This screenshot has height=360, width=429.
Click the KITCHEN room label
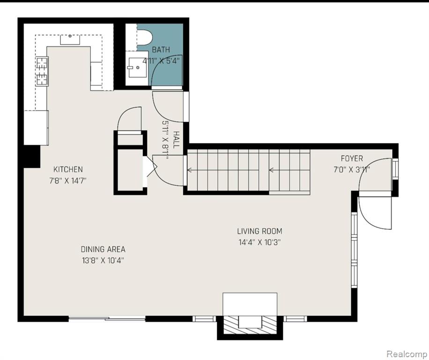[68, 169]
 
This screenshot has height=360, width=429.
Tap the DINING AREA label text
[103, 249]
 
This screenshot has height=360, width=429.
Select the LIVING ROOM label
[259, 232]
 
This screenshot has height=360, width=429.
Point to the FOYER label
[352, 158]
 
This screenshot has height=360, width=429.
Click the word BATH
[161, 50]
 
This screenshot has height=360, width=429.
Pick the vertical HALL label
[177, 140]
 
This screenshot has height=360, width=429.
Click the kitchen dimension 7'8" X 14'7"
[68, 180]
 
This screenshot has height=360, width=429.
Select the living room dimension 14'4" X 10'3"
[259, 242]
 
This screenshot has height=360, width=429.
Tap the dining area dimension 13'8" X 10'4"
[103, 260]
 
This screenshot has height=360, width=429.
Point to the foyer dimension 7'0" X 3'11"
[352, 170]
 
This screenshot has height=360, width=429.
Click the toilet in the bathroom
[144, 37]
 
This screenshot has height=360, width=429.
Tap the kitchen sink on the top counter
[70, 39]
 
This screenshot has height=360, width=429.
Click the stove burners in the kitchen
[42, 71]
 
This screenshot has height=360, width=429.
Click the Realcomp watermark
[407, 354]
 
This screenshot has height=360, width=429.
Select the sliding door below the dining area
[107, 318]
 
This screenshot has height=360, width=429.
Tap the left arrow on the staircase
[223, 170]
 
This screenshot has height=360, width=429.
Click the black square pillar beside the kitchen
[32, 156]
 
